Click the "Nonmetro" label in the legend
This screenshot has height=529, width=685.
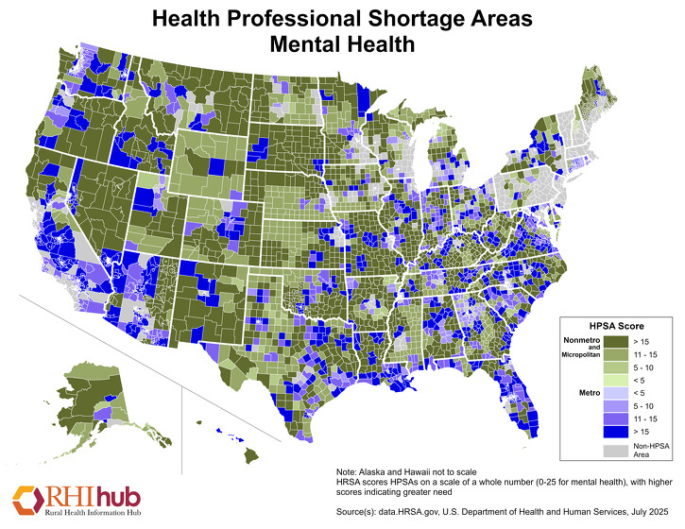click(583, 339)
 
